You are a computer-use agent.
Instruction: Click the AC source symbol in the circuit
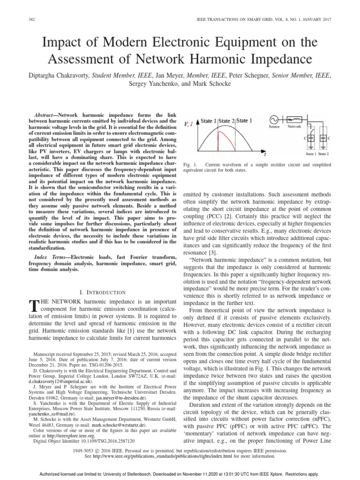coord(274,120)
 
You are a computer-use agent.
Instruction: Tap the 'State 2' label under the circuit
coord(323,154)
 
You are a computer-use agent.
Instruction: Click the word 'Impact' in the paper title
coord(65,43)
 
